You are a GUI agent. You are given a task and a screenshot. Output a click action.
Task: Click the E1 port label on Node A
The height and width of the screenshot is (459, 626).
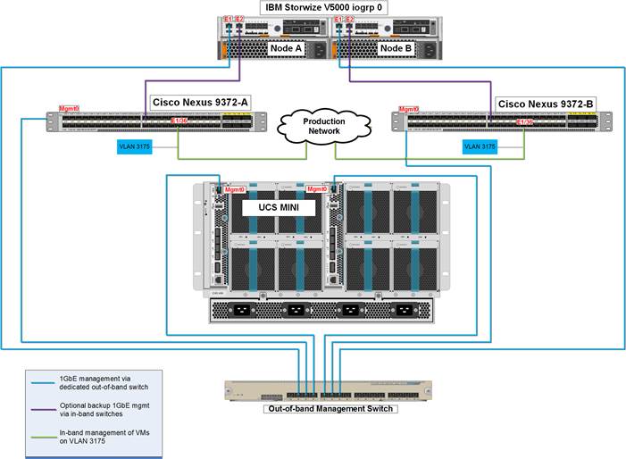point(229,19)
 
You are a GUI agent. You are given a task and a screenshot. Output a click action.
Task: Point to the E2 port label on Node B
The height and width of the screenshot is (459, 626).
point(349,19)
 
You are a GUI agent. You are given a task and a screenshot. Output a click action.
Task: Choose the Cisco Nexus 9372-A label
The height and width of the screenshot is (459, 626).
point(200,103)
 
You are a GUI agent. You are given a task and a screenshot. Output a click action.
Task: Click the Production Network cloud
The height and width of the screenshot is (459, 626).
point(323,126)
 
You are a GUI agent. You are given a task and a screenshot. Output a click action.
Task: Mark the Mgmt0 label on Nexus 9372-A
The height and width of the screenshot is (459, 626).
point(69,107)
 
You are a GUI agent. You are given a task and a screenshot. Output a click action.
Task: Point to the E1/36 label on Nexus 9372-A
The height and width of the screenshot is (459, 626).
point(179,122)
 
